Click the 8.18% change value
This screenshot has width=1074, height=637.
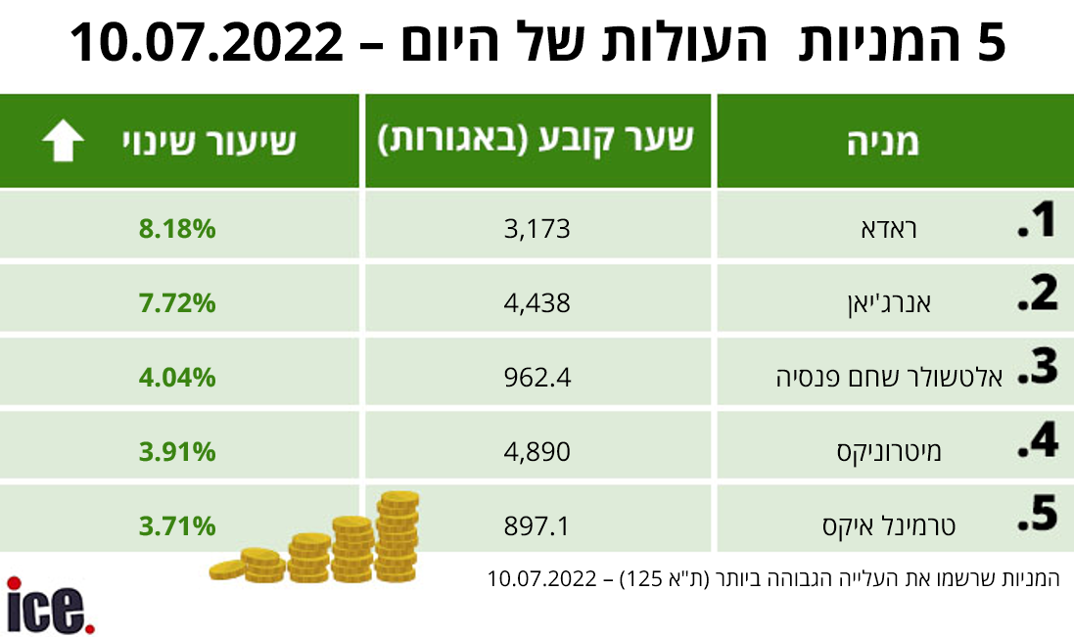177,230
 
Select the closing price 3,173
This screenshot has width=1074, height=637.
537,230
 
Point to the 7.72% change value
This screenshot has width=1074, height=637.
177,303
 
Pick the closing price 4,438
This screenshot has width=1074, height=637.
537,303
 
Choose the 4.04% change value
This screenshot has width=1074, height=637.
177,377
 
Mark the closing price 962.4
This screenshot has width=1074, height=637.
537,377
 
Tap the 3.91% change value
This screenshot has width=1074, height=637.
177,451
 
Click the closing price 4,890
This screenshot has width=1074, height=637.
537,451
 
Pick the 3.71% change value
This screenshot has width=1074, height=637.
177,526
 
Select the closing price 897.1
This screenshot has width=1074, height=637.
537,526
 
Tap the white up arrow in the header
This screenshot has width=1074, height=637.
63,142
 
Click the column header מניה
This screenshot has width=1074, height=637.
882,143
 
